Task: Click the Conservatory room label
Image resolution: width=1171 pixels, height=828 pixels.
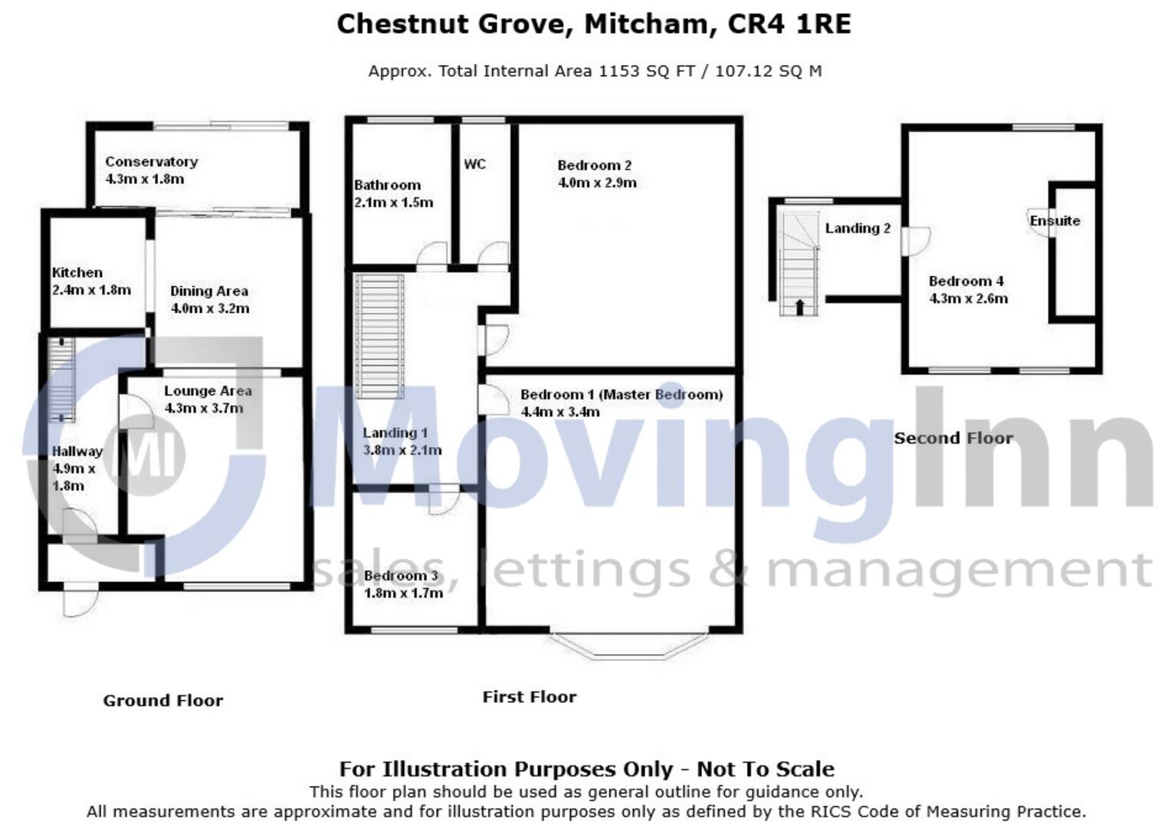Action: point(151,162)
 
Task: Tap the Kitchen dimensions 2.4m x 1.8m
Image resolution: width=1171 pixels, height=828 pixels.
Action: point(91,291)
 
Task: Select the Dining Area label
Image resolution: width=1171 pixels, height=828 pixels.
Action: point(208,291)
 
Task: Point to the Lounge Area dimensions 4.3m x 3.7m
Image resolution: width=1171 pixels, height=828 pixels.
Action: point(204,409)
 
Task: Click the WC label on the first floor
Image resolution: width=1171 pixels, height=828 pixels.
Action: point(474,165)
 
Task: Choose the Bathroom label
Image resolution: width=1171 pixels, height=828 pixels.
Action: point(387,186)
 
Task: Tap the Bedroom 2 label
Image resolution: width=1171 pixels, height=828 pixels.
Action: point(594,166)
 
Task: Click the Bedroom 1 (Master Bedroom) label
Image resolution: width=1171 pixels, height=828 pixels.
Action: point(622,395)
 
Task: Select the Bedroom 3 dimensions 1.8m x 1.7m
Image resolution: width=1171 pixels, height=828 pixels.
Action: point(403,593)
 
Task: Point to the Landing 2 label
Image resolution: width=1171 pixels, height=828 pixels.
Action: point(858,228)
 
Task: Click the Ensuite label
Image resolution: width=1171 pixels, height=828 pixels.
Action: point(1055,221)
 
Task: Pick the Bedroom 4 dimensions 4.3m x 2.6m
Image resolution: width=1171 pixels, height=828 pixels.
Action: point(968,299)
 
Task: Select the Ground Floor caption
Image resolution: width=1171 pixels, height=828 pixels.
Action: point(163,701)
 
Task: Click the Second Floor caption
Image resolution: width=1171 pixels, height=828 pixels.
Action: point(953,439)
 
